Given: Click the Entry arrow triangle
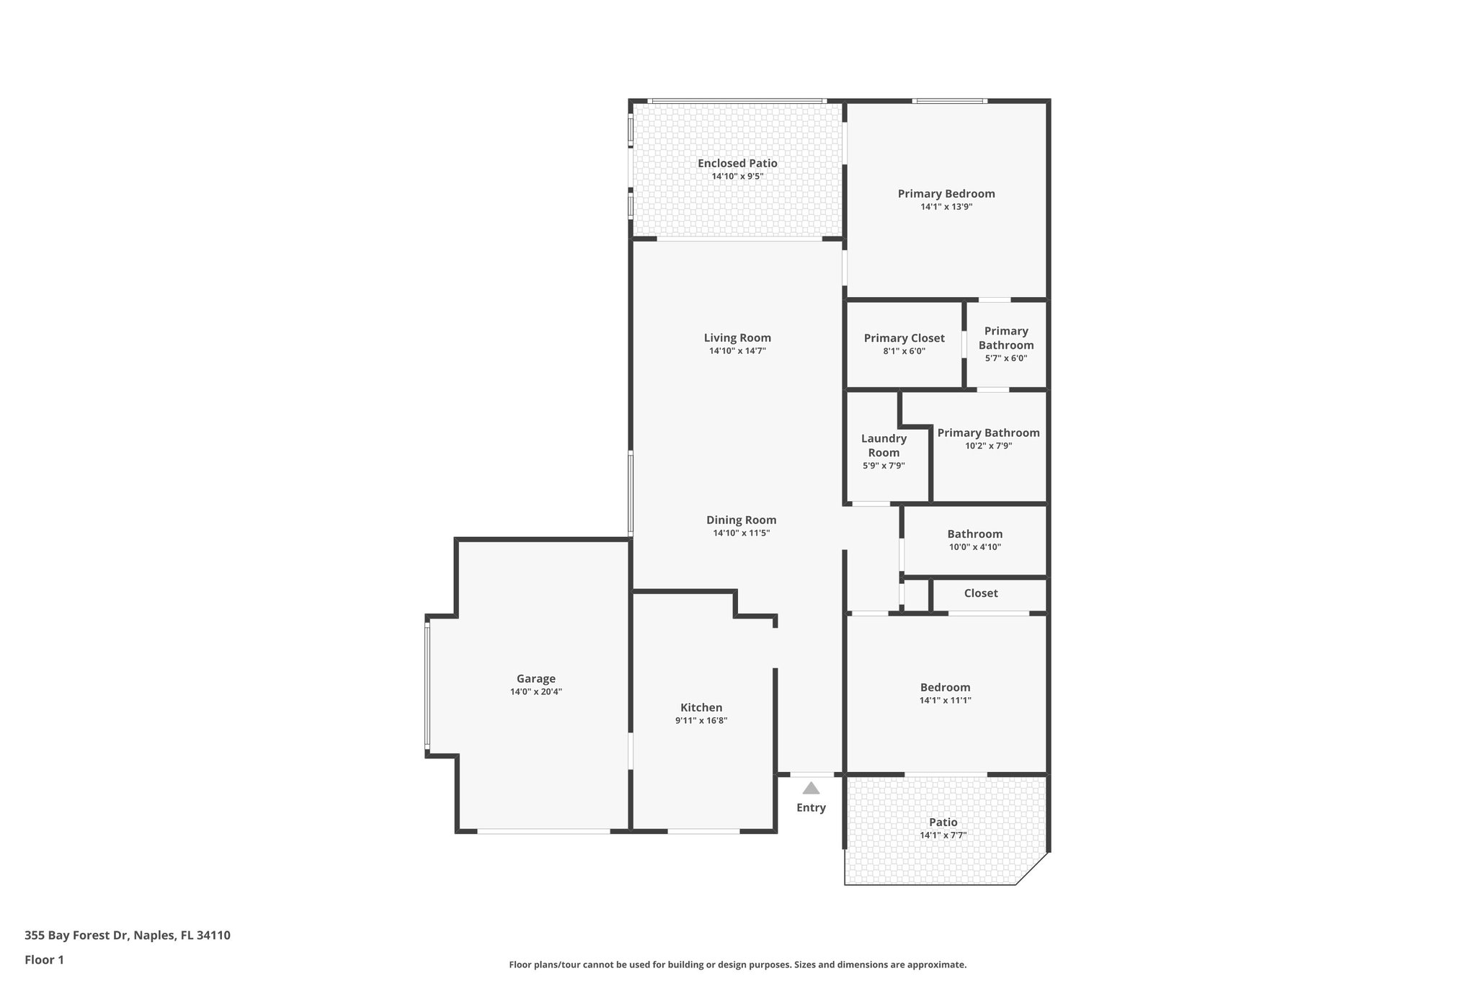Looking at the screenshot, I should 811,788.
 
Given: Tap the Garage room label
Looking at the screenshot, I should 535,678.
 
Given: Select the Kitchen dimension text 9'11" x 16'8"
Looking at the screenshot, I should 701,720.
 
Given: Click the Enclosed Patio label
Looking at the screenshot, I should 737,164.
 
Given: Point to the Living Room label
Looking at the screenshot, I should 737,337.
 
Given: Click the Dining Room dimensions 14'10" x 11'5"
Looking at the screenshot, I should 741,533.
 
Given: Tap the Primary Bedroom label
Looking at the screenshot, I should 946,193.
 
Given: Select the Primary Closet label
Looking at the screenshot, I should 904,338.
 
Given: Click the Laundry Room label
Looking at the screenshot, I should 884,446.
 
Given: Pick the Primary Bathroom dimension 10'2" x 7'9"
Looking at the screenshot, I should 988,446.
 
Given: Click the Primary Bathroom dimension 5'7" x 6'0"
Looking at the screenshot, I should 1005,358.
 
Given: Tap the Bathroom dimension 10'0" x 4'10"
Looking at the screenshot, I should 974,546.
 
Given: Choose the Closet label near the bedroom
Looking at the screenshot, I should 980,593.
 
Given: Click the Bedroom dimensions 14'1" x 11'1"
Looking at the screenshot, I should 945,700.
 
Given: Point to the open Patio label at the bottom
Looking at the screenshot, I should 943,822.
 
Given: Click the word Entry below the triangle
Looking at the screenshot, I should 811,807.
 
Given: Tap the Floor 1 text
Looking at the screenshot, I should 44,959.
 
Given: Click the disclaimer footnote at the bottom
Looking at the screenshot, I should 737,965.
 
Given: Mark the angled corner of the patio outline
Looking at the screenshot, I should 1031,868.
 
